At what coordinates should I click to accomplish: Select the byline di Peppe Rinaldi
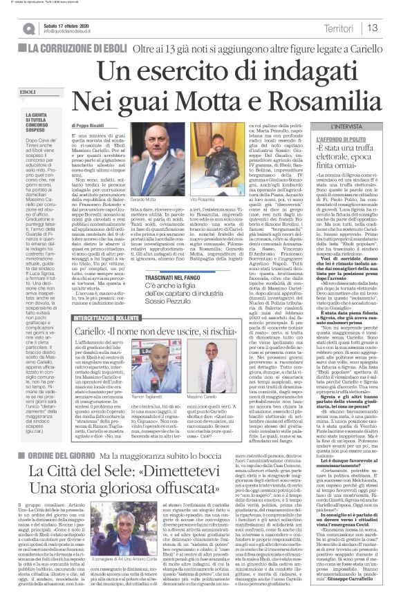coord(106,124)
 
